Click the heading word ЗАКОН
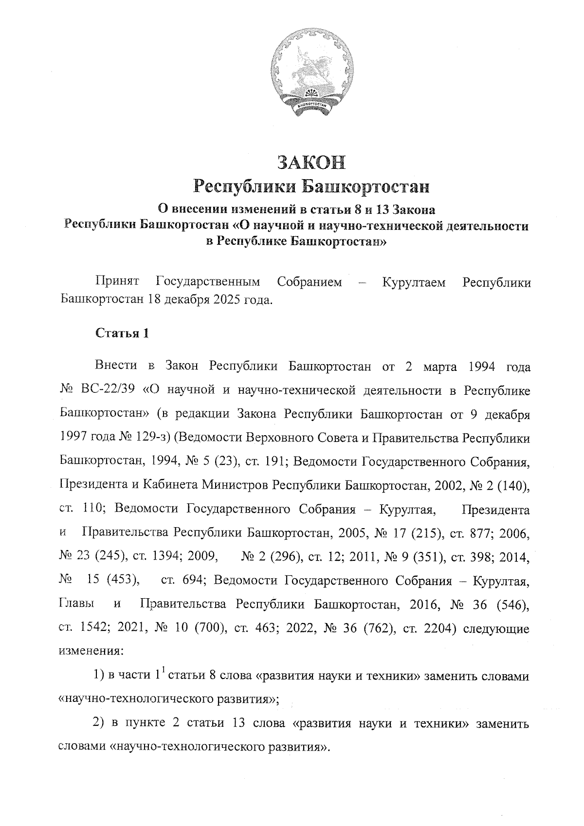(311, 163)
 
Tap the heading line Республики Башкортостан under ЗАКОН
(311, 186)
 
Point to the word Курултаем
(414, 282)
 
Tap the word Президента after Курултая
(495, 510)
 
